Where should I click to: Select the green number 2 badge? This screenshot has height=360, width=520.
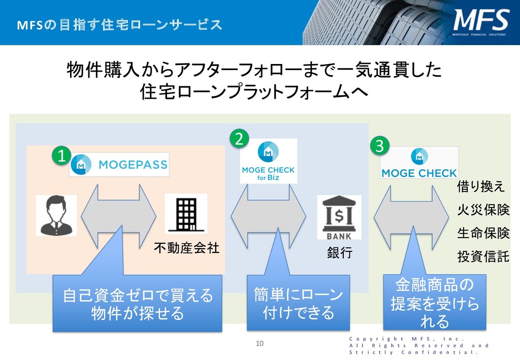coord(240,138)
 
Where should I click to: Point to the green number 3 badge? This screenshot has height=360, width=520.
coord(379,146)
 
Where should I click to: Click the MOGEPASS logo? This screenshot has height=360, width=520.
coord(119,165)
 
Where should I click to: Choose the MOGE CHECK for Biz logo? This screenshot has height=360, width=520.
coord(269,161)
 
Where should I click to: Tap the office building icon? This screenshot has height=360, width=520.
coord(186,214)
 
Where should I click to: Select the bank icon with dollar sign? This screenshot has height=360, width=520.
coord(339,217)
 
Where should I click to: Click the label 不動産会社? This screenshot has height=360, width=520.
coord(187,248)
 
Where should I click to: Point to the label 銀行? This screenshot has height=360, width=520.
coord(339,253)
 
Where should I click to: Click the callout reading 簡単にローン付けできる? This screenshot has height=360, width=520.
coord(298,303)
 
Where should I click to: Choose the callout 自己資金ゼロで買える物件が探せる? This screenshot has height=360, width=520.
coord(138,304)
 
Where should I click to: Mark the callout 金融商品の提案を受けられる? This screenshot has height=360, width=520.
coord(434,303)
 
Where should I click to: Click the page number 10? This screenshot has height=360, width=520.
coord(259,344)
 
